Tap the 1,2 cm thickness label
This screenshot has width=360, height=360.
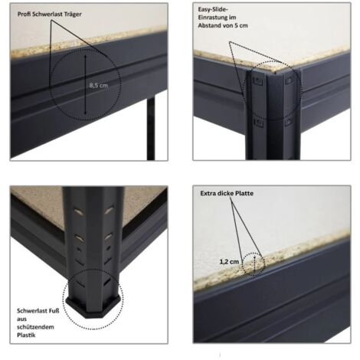click(x=229, y=262)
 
